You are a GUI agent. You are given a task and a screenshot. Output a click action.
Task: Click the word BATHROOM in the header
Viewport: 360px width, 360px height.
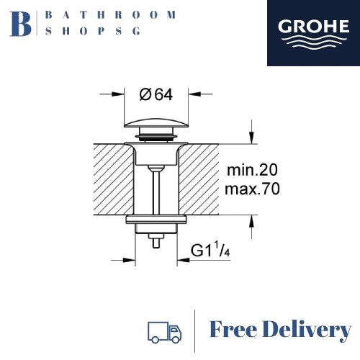coord(109,14)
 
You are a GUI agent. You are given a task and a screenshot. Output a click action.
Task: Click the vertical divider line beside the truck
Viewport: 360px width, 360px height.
coord(195,330)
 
